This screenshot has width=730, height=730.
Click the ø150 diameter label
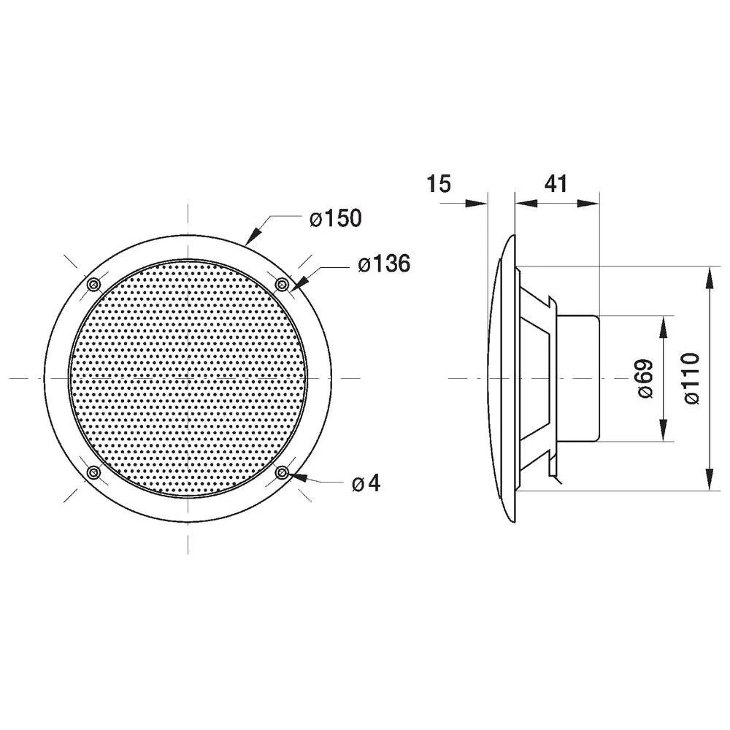pos(335,218)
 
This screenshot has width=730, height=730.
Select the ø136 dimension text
pos(384,264)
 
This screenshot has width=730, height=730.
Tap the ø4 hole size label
pos(366,483)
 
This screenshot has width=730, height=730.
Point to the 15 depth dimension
pos(439,184)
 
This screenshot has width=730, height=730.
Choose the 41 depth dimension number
pos(556,184)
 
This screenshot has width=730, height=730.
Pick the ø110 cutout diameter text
pos(692,378)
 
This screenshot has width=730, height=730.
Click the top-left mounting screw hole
pos(93,284)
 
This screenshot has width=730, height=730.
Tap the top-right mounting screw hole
pos(282,283)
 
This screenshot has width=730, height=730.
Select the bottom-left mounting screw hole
pos(93,473)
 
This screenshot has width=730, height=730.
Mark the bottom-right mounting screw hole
pos(282,473)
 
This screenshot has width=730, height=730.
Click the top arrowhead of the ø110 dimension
pos(710,276)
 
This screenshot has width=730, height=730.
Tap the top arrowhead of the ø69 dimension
pos(663,326)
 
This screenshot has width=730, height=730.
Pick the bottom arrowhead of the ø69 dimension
pos(663,432)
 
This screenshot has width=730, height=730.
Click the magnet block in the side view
pos(578,378)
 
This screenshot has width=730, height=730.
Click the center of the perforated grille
pos(188,378)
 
